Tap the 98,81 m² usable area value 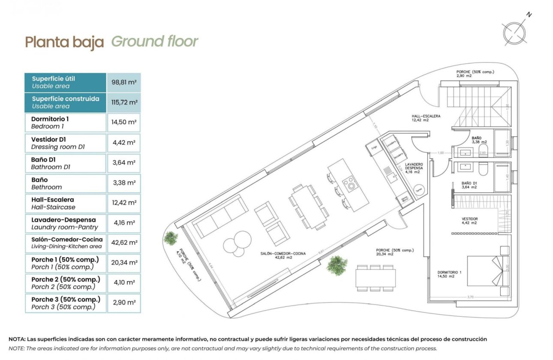124,82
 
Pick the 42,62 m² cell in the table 124,243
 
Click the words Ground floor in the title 155,42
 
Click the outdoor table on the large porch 376,277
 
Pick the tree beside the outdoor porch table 337,264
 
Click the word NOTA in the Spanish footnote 18,339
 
